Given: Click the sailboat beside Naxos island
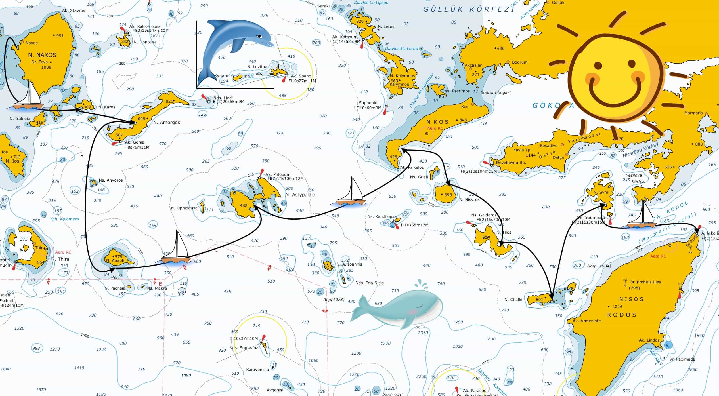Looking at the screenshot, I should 28,98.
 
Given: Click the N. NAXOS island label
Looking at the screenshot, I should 42,55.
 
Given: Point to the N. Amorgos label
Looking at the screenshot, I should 167,123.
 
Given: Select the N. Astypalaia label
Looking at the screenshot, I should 300,195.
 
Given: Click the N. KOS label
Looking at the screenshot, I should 437,122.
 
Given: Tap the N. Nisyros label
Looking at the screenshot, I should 469,199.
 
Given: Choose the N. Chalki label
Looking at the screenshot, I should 513,300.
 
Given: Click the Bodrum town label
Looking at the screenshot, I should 520,62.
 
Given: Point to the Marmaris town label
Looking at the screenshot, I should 693,113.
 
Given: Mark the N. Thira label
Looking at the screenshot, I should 60,259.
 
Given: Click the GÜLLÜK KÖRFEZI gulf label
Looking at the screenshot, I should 468,9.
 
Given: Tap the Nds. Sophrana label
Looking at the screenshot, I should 244,348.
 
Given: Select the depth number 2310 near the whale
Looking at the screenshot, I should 423,333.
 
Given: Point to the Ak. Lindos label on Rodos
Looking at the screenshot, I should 649,340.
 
